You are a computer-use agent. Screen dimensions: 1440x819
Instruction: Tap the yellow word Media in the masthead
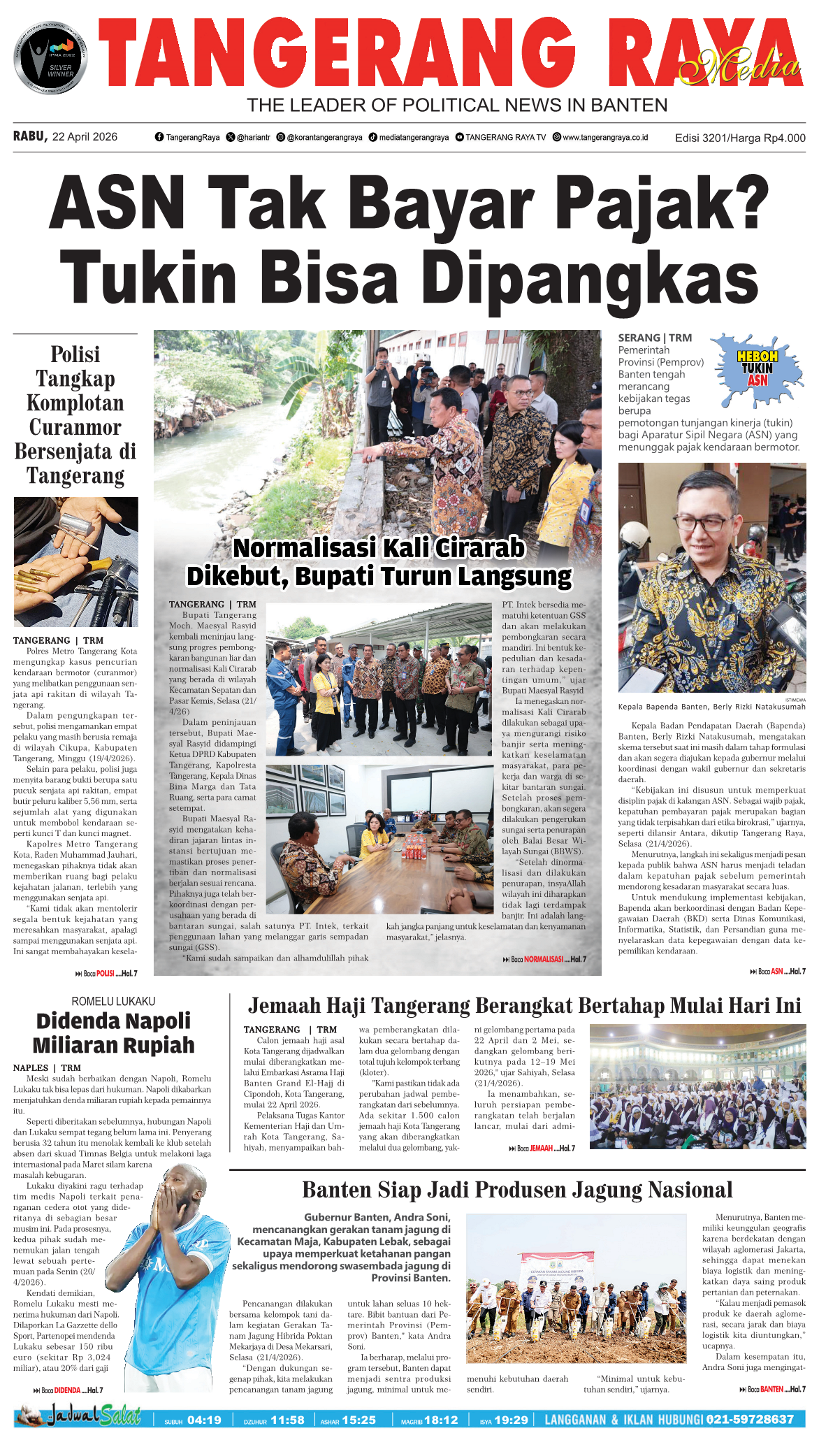tap(739, 66)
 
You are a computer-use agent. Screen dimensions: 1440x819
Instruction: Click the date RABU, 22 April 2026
tap(65, 137)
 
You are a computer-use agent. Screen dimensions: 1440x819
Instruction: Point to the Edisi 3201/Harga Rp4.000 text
tap(739, 138)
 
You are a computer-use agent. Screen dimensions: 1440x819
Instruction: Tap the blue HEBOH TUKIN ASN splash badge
tap(758, 369)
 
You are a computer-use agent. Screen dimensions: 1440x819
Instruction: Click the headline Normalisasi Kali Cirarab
tap(379, 548)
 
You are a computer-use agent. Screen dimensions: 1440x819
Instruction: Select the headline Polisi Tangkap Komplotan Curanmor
tap(75, 415)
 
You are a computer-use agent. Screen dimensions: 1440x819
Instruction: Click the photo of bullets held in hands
tap(75, 561)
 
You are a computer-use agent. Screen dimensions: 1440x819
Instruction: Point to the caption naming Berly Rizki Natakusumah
tap(711, 707)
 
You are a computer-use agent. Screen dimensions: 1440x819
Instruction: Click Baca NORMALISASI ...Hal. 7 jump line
tap(544, 959)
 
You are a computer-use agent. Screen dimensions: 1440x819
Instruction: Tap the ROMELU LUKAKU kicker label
tap(113, 1001)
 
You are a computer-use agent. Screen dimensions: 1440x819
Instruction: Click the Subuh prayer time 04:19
tap(204, 1420)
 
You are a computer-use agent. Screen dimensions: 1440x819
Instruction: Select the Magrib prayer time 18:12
tap(440, 1420)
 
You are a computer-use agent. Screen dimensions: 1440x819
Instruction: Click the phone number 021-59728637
tap(750, 1419)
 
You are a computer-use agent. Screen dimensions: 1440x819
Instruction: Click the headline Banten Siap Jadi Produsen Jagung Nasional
tap(517, 1190)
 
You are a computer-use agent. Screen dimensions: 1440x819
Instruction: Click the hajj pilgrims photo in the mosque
tap(697, 1086)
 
